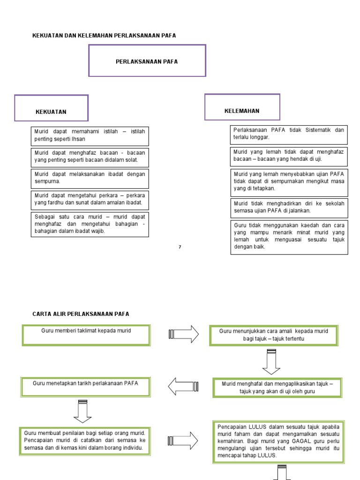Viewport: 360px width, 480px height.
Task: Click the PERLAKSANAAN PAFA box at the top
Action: pos(147,61)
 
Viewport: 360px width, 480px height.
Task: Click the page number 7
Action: pos(180,247)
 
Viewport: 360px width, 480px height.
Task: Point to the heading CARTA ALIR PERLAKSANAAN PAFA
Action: pos(80,314)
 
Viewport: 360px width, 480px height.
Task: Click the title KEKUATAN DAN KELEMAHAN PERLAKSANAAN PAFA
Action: pos(104,36)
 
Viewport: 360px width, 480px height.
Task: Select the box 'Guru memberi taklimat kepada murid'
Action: pos(86,335)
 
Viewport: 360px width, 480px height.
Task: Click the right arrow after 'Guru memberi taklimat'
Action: pos(183,334)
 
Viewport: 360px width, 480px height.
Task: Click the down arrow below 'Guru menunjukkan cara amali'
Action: pos(271,362)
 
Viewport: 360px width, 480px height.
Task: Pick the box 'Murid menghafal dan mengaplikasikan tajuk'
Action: pos(277,387)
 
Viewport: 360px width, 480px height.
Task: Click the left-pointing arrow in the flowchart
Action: pos(183,386)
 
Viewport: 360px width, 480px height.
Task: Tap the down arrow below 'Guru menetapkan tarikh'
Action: pos(82,411)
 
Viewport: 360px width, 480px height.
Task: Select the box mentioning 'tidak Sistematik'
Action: pos(289,134)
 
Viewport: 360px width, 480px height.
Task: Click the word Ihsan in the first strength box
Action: pos(78,139)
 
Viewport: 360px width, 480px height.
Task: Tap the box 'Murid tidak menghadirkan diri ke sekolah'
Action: pos(289,207)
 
